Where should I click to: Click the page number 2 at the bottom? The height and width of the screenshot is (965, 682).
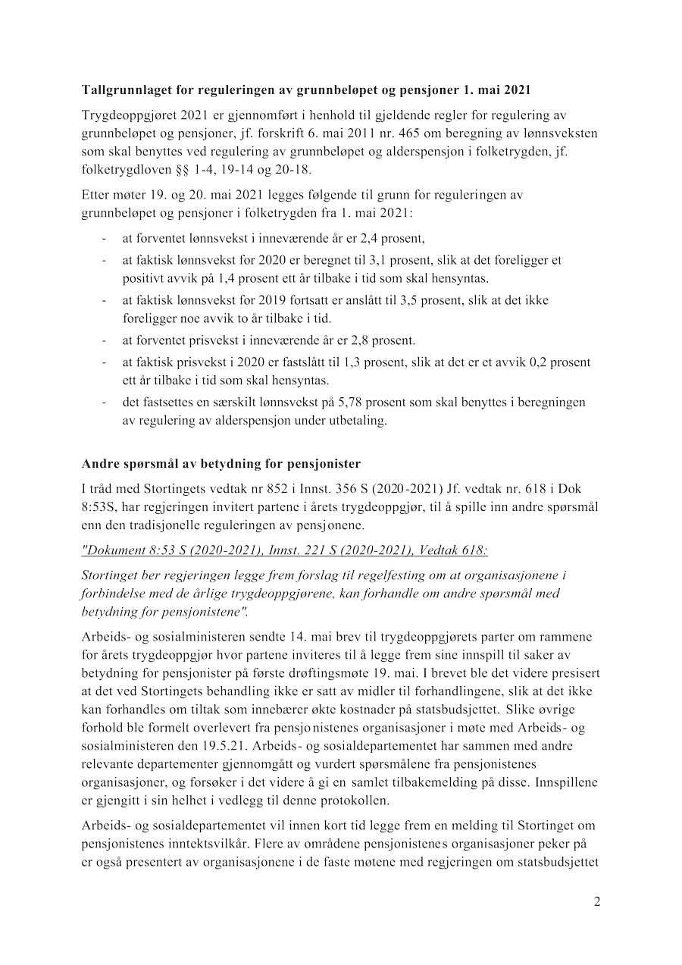(597, 902)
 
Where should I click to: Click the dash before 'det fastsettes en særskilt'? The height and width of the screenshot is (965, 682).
(104, 403)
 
